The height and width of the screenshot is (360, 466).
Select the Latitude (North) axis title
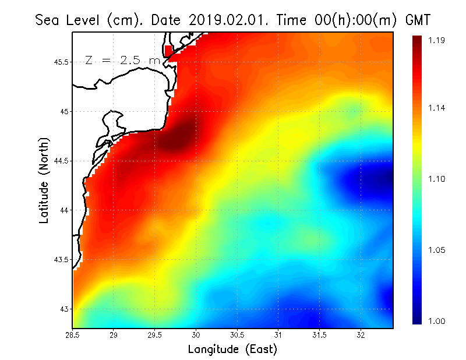44,181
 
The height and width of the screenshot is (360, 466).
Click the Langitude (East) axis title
232,350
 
